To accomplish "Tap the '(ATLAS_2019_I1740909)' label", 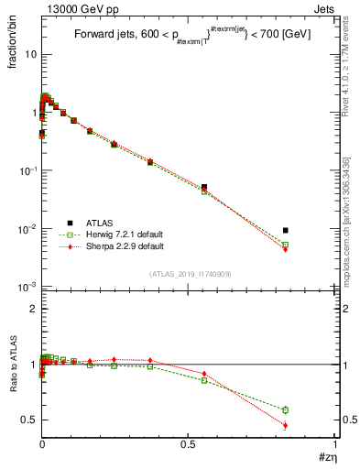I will click(x=190, y=275).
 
